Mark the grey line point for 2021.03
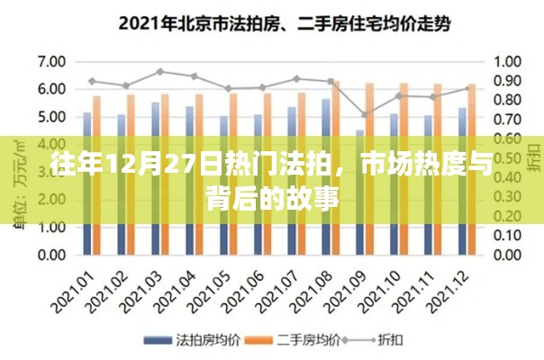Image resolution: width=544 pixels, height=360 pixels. [159, 71]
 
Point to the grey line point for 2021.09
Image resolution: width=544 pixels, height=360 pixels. [364, 115]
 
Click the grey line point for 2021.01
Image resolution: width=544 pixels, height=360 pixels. [92, 81]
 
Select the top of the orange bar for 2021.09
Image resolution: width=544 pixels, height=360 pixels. [368, 84]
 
